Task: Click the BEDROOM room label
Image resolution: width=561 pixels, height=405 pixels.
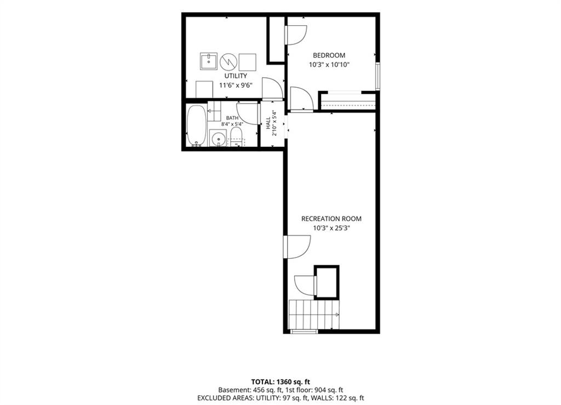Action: coord(329,55)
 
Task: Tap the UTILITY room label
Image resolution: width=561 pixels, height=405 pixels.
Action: coord(236,76)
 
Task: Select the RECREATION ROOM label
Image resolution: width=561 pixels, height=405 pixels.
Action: coord(331,219)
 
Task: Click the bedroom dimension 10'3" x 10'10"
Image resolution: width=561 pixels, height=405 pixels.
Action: coord(329,65)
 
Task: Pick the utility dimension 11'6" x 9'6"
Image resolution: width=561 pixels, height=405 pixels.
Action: coord(236,85)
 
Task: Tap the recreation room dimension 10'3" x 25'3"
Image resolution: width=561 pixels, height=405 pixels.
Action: coord(331,228)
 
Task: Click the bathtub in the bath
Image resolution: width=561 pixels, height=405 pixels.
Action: coord(197,126)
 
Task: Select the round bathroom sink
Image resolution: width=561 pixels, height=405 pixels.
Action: coord(217,139)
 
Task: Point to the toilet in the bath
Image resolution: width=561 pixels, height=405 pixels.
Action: coord(236,138)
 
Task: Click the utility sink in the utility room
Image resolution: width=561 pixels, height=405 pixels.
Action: coord(208,61)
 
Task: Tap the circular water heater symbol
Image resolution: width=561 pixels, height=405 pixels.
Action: coord(228,62)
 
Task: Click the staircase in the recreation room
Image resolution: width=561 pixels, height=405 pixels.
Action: coord(313,315)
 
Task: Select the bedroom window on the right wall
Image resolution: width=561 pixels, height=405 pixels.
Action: coord(377,77)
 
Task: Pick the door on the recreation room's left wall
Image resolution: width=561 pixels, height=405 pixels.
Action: coord(296,247)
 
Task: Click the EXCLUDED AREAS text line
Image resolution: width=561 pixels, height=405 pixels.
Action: coord(280,398)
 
